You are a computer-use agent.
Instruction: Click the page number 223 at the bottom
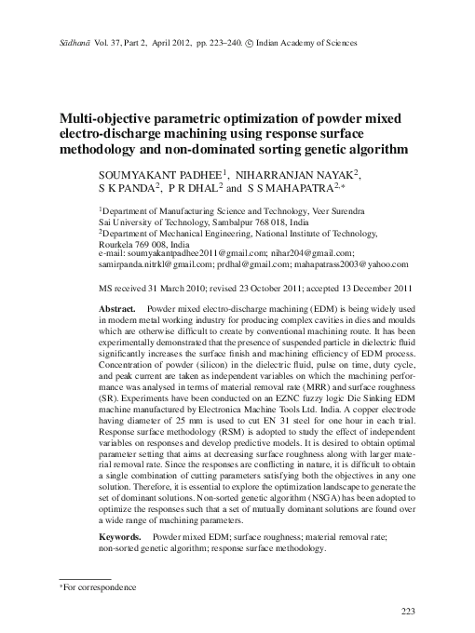[x=407, y=611]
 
